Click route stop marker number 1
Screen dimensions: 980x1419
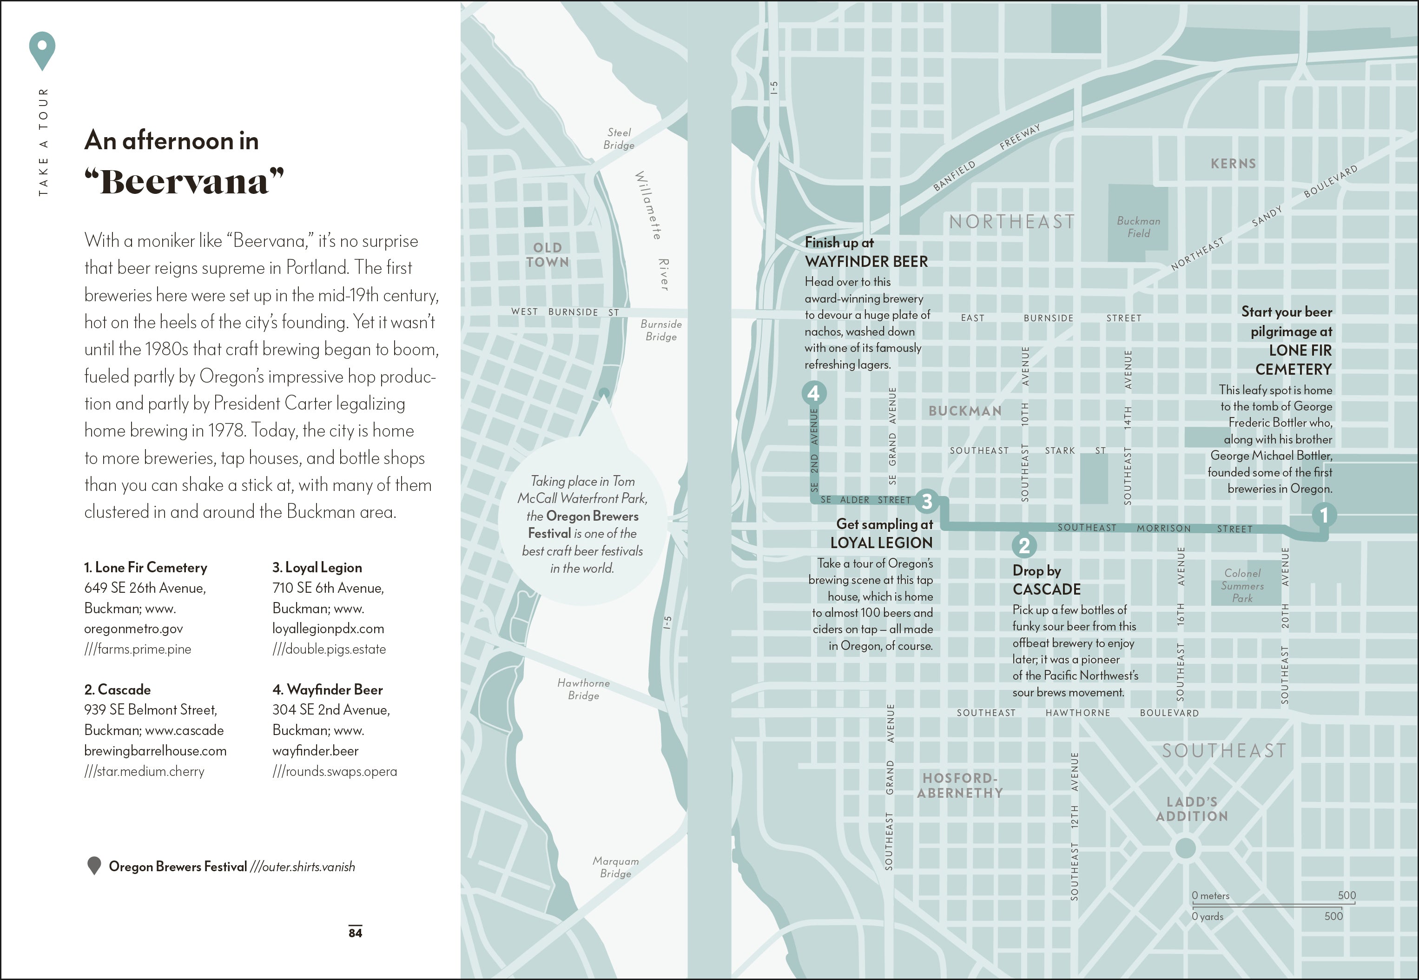(1324, 515)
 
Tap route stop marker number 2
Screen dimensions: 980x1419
(1024, 545)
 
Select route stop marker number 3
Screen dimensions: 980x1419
(927, 501)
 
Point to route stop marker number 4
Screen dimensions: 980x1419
(814, 392)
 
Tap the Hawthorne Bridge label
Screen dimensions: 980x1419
(583, 689)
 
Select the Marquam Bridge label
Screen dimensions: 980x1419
(615, 867)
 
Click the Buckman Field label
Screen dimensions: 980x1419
(1139, 226)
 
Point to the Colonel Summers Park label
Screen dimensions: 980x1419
(1242, 585)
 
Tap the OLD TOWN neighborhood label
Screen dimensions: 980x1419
(548, 255)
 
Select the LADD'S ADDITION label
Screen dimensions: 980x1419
(1192, 808)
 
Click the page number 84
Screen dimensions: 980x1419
(356, 933)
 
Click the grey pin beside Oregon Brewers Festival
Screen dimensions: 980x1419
(94, 866)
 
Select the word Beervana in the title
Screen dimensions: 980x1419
(184, 182)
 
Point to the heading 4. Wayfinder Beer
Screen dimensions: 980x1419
(327, 689)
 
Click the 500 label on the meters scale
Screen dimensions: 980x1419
(1346, 895)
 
